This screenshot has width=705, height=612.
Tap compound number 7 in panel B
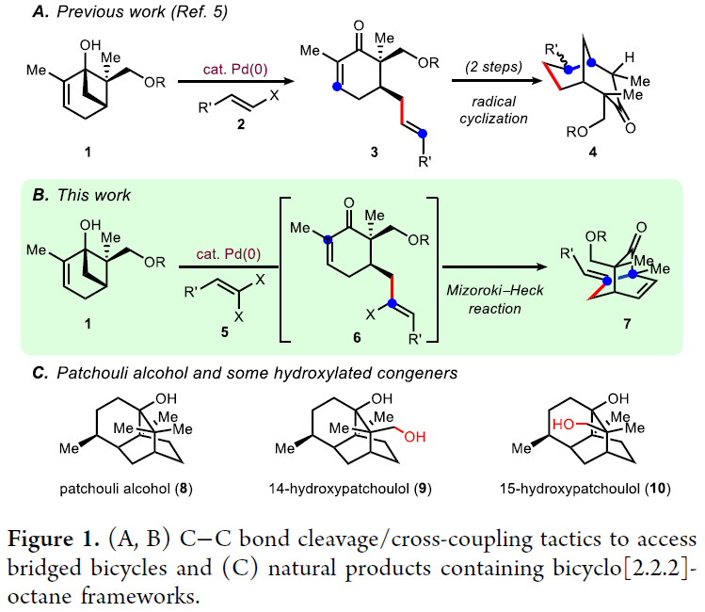(613, 322)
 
